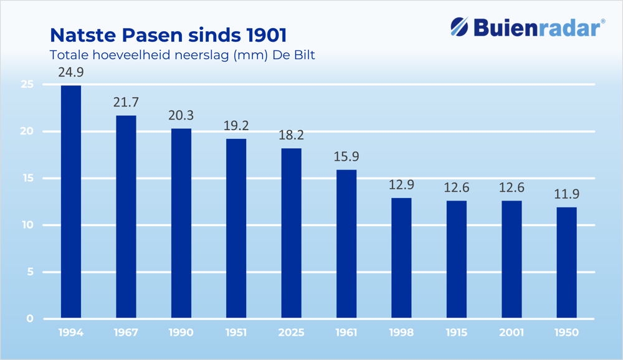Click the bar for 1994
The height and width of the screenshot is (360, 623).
(x=71, y=202)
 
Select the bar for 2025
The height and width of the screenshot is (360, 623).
(x=292, y=234)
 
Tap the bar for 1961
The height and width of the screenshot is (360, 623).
(x=346, y=244)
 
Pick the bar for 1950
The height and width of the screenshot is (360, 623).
(x=566, y=263)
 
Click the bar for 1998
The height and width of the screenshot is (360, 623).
(x=401, y=258)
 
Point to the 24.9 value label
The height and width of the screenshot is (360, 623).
(x=71, y=73)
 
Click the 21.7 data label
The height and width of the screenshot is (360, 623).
(x=126, y=103)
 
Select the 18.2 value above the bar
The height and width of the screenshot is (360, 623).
(x=292, y=136)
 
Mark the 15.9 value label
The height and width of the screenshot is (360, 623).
(x=346, y=157)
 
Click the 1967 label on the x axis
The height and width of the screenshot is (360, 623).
(x=126, y=333)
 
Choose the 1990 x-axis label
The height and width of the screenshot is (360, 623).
(x=181, y=333)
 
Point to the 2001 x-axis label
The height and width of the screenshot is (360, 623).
(x=511, y=333)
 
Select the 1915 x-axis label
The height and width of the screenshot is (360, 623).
(x=457, y=333)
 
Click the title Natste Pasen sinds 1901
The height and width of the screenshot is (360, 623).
(x=168, y=34)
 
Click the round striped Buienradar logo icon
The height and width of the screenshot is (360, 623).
(x=460, y=27)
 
